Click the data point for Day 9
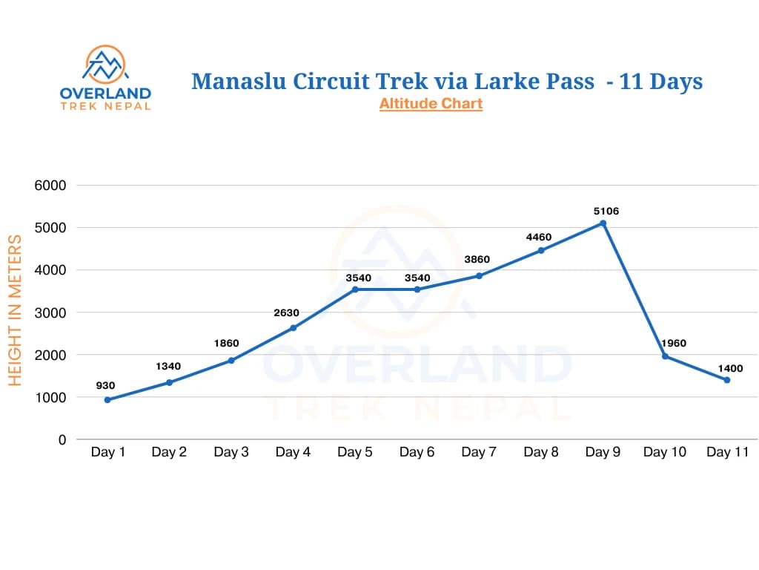pyautogui.click(x=603, y=223)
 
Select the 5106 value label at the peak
pyautogui.click(x=606, y=211)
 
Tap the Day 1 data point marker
pyautogui.click(x=107, y=400)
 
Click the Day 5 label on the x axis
pyautogui.click(x=355, y=452)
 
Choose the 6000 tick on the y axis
pyautogui.click(x=50, y=186)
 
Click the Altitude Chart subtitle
pyautogui.click(x=431, y=104)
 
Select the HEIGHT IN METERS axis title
pyautogui.click(x=15, y=310)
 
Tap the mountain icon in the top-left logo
pyautogui.click(x=105, y=65)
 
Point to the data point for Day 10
pyautogui.click(x=665, y=356)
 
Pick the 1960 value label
pyautogui.click(x=674, y=343)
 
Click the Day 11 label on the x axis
pyautogui.click(x=727, y=452)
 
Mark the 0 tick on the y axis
pyautogui.click(x=62, y=439)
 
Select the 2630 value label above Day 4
pyautogui.click(x=287, y=312)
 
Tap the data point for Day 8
pyautogui.click(x=541, y=250)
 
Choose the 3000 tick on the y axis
pyautogui.click(x=50, y=312)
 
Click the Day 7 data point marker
pyautogui.click(x=479, y=275)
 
